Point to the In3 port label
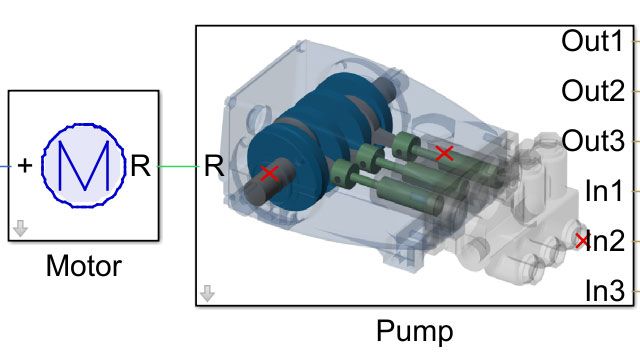604,290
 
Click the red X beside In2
582,240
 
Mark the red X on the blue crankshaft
268,173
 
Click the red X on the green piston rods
445,153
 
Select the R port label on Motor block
141,166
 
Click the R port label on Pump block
213,166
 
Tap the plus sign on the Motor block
24,166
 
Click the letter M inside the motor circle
82,166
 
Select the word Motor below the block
84,267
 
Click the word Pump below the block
414,330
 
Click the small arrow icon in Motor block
20,230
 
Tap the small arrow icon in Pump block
207,293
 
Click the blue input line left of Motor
4,166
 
